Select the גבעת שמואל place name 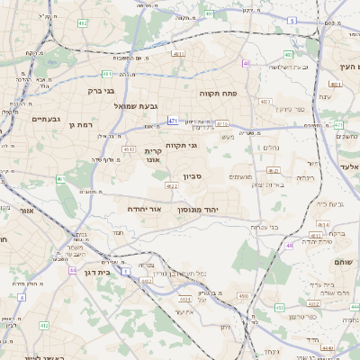click(x=137, y=106)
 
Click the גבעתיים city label click(x=45, y=119)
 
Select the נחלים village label click(x=271, y=148)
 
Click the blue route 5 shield click(x=292, y=19)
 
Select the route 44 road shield click(x=71, y=269)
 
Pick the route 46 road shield click(x=289, y=245)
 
